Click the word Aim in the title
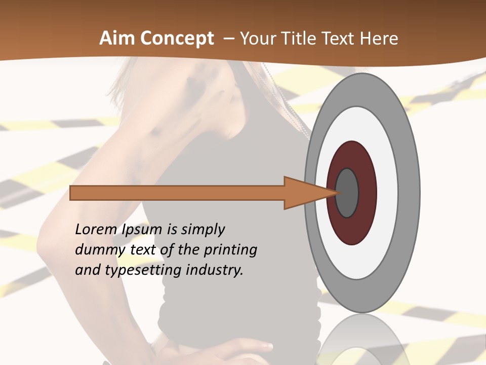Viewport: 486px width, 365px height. (x=116, y=39)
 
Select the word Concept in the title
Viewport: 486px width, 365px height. (x=176, y=39)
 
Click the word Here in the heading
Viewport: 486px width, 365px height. (x=380, y=39)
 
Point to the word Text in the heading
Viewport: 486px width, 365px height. (x=340, y=39)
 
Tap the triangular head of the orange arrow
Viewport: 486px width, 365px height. (x=304, y=193)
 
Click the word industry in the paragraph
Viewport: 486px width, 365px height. (x=215, y=270)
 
